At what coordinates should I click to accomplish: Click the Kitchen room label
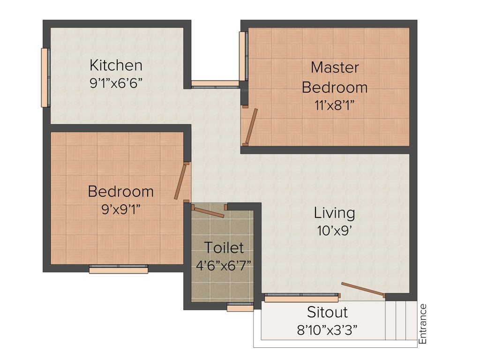click(116, 65)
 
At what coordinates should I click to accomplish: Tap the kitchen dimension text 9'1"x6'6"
click(116, 83)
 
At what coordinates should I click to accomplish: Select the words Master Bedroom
click(335, 77)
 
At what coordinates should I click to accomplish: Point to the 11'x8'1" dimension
click(334, 105)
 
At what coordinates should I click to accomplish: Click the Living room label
click(334, 213)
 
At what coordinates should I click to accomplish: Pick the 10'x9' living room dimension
click(334, 231)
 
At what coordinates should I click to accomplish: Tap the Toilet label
click(224, 247)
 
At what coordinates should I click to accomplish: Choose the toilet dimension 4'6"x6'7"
click(224, 264)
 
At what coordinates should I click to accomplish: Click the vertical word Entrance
click(423, 324)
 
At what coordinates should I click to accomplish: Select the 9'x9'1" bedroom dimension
click(121, 210)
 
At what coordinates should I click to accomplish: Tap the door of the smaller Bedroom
click(180, 182)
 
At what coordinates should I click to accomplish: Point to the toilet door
click(208, 212)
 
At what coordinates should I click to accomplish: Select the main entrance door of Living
click(363, 290)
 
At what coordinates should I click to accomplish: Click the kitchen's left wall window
click(45, 77)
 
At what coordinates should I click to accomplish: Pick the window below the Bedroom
click(118, 270)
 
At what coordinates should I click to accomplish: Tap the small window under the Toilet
click(240, 307)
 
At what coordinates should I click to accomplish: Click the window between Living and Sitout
click(301, 298)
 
